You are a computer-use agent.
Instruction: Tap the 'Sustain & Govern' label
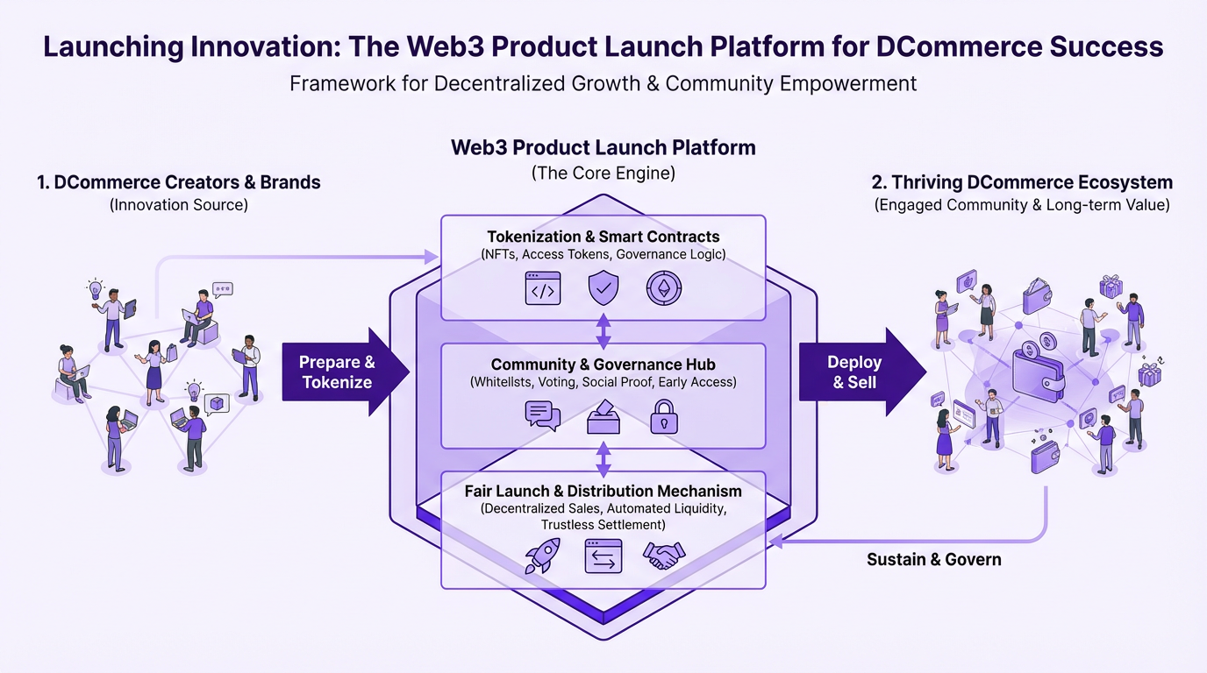point(933,559)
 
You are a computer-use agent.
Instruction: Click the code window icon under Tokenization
point(542,288)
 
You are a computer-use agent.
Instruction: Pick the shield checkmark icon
point(603,288)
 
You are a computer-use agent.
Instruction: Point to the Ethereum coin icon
point(664,288)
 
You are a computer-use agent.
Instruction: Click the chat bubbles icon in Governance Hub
point(542,415)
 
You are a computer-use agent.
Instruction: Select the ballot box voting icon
point(603,416)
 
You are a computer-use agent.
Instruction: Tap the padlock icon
point(663,416)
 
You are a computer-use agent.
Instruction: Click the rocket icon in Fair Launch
point(542,556)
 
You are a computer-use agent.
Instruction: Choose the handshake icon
point(664,556)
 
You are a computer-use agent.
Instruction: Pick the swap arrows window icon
point(603,556)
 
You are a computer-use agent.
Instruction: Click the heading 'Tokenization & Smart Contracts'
point(603,237)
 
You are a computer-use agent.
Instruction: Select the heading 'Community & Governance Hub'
point(603,365)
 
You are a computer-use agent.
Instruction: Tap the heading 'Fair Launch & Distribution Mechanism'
point(603,491)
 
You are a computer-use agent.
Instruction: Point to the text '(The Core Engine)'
point(603,173)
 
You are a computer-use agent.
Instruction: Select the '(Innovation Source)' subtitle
point(179,205)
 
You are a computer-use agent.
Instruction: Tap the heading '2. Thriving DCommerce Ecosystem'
point(1022,182)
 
